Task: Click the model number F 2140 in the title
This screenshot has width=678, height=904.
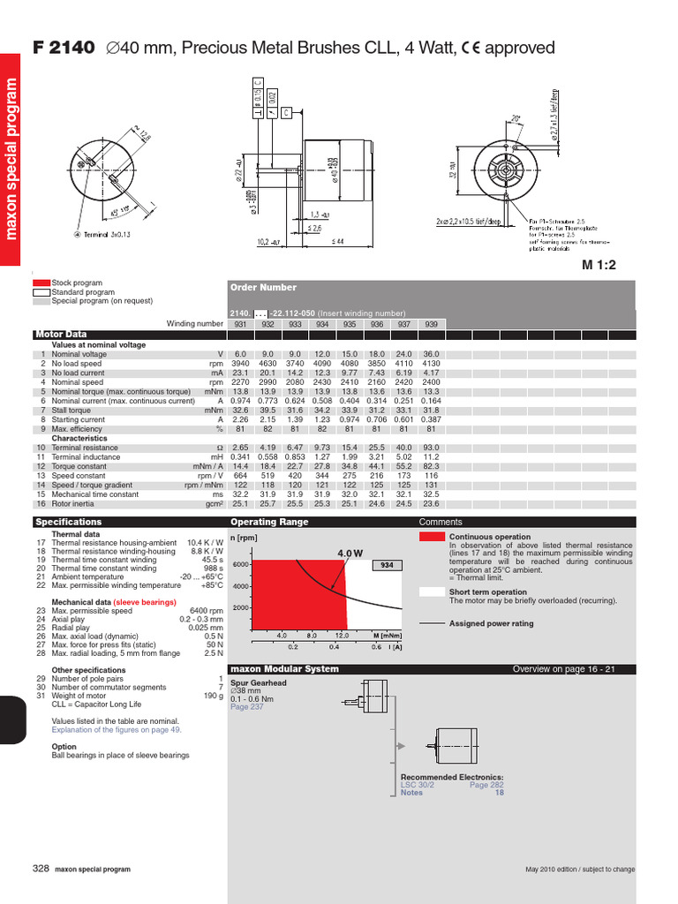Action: (63, 49)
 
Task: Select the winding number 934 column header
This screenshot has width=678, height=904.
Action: (322, 324)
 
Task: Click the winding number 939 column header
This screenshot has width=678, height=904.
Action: (431, 324)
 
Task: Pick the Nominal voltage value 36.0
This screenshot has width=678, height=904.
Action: (431, 354)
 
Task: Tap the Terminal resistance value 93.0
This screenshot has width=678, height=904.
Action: (431, 448)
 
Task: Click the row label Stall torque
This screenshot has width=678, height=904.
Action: (71, 411)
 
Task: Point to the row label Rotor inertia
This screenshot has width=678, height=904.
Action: (74, 504)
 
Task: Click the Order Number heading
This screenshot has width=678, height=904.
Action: (263, 288)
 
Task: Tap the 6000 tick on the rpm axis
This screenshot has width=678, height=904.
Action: (241, 565)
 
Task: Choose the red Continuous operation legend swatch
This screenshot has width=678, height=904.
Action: (432, 537)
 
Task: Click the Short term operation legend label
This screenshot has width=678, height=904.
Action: (487, 592)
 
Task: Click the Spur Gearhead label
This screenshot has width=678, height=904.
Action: (257, 683)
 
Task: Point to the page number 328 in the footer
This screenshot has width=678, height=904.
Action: (41, 869)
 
